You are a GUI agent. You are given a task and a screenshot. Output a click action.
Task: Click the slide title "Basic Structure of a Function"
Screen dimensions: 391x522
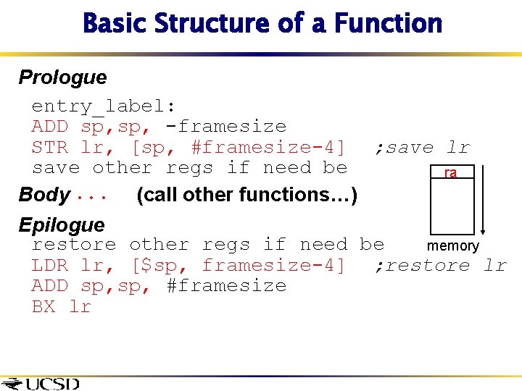[262, 23]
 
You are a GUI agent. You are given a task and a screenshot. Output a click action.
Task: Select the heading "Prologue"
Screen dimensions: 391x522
[62, 77]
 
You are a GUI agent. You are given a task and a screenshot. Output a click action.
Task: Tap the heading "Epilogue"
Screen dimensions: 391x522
[62, 225]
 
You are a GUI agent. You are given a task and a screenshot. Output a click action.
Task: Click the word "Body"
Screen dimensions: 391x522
[43, 195]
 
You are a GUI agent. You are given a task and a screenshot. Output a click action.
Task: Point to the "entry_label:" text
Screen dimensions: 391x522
[104, 106]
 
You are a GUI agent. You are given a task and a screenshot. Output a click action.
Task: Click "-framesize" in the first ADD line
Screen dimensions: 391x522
[225, 127]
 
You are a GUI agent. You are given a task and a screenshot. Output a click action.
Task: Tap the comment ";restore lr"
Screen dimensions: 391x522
[440, 266]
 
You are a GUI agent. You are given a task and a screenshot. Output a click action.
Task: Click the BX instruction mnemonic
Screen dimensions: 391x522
[43, 307]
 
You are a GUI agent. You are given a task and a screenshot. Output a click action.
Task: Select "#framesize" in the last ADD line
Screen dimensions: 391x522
[226, 286]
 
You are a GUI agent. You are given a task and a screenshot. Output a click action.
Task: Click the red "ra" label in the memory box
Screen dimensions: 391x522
[450, 173]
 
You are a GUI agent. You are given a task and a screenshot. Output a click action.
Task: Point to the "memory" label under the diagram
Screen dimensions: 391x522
[452, 246]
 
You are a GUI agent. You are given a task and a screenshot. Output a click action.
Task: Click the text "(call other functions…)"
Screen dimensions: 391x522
[246, 195]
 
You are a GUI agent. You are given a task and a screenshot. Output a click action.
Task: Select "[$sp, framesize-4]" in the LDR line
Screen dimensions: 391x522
[238, 266]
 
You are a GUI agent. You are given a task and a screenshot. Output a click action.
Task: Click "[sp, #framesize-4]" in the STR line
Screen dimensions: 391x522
[238, 148]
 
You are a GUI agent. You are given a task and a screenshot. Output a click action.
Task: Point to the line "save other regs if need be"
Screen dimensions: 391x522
[189, 168]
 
